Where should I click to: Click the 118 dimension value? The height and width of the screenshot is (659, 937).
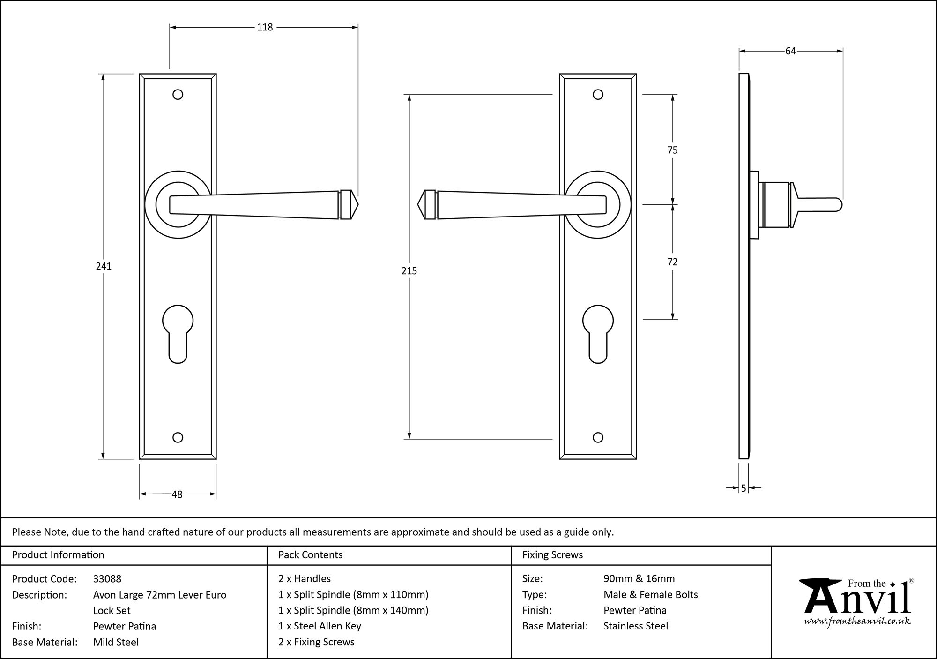(x=265, y=28)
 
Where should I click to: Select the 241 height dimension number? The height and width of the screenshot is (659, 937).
(x=104, y=266)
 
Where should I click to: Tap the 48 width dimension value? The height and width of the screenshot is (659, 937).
(x=177, y=494)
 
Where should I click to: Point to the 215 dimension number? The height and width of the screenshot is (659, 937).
(x=409, y=271)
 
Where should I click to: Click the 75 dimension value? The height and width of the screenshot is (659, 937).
(x=672, y=150)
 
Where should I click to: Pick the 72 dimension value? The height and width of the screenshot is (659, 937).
(x=672, y=262)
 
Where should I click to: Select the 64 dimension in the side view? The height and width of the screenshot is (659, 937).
(x=790, y=51)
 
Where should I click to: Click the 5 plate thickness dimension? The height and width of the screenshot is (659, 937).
(x=744, y=488)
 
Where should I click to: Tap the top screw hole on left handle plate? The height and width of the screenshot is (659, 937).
(x=178, y=95)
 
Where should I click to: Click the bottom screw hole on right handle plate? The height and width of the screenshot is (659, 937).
(x=598, y=437)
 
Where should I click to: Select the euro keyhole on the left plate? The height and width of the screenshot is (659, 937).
(x=178, y=333)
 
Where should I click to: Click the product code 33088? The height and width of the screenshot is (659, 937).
(x=107, y=579)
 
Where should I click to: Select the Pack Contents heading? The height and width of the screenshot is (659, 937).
(x=310, y=555)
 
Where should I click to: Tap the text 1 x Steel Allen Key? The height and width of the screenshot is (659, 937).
(x=320, y=626)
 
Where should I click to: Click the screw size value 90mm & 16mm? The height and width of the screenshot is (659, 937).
(x=639, y=579)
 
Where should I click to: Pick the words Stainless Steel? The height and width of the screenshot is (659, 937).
(x=636, y=626)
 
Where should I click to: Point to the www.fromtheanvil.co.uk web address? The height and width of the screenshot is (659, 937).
(x=857, y=622)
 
